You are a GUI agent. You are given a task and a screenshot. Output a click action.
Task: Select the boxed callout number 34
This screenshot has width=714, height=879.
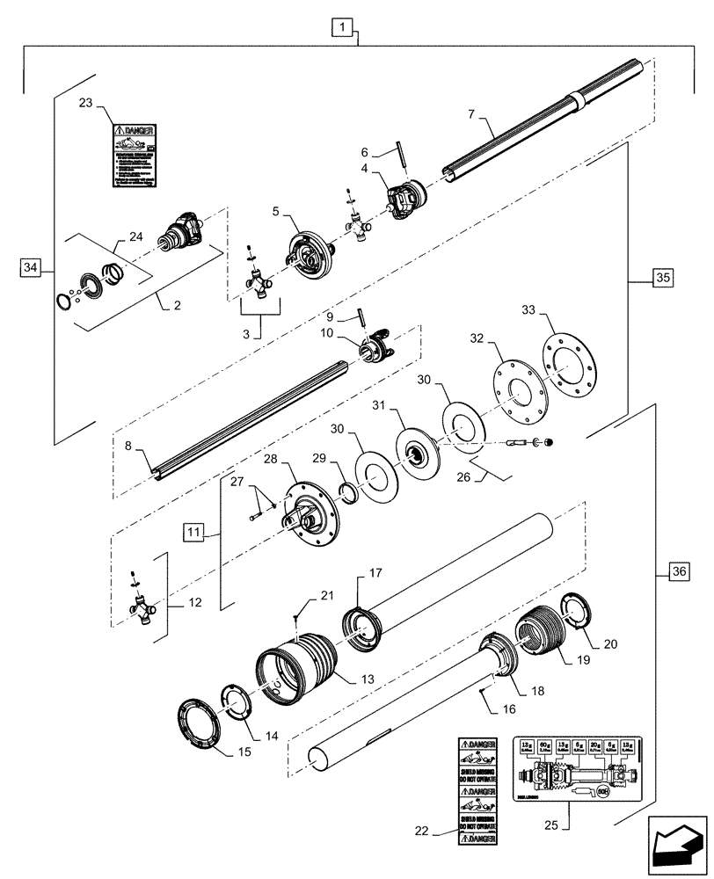pyautogui.click(x=31, y=266)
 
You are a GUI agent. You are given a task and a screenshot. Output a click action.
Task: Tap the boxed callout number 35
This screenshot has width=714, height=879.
pyautogui.click(x=663, y=279)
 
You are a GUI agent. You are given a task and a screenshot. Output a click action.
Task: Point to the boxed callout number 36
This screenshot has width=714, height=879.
pyautogui.click(x=678, y=572)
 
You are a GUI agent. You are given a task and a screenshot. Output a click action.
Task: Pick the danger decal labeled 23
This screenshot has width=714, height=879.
pyautogui.click(x=134, y=156)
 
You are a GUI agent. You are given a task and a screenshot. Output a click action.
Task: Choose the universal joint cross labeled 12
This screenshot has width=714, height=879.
pyautogui.click(x=143, y=609)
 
